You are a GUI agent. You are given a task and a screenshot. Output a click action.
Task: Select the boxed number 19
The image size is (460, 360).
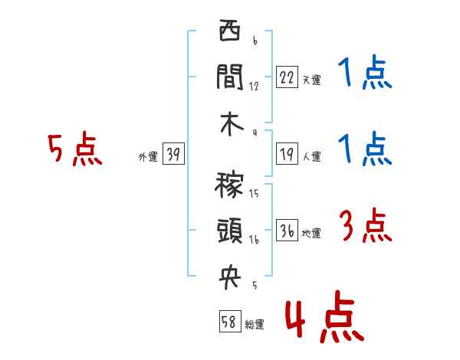(287, 153)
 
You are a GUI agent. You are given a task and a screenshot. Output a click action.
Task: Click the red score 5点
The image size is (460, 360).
(74, 149)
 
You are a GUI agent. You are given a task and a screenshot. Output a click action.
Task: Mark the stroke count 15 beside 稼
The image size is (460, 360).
(254, 193)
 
